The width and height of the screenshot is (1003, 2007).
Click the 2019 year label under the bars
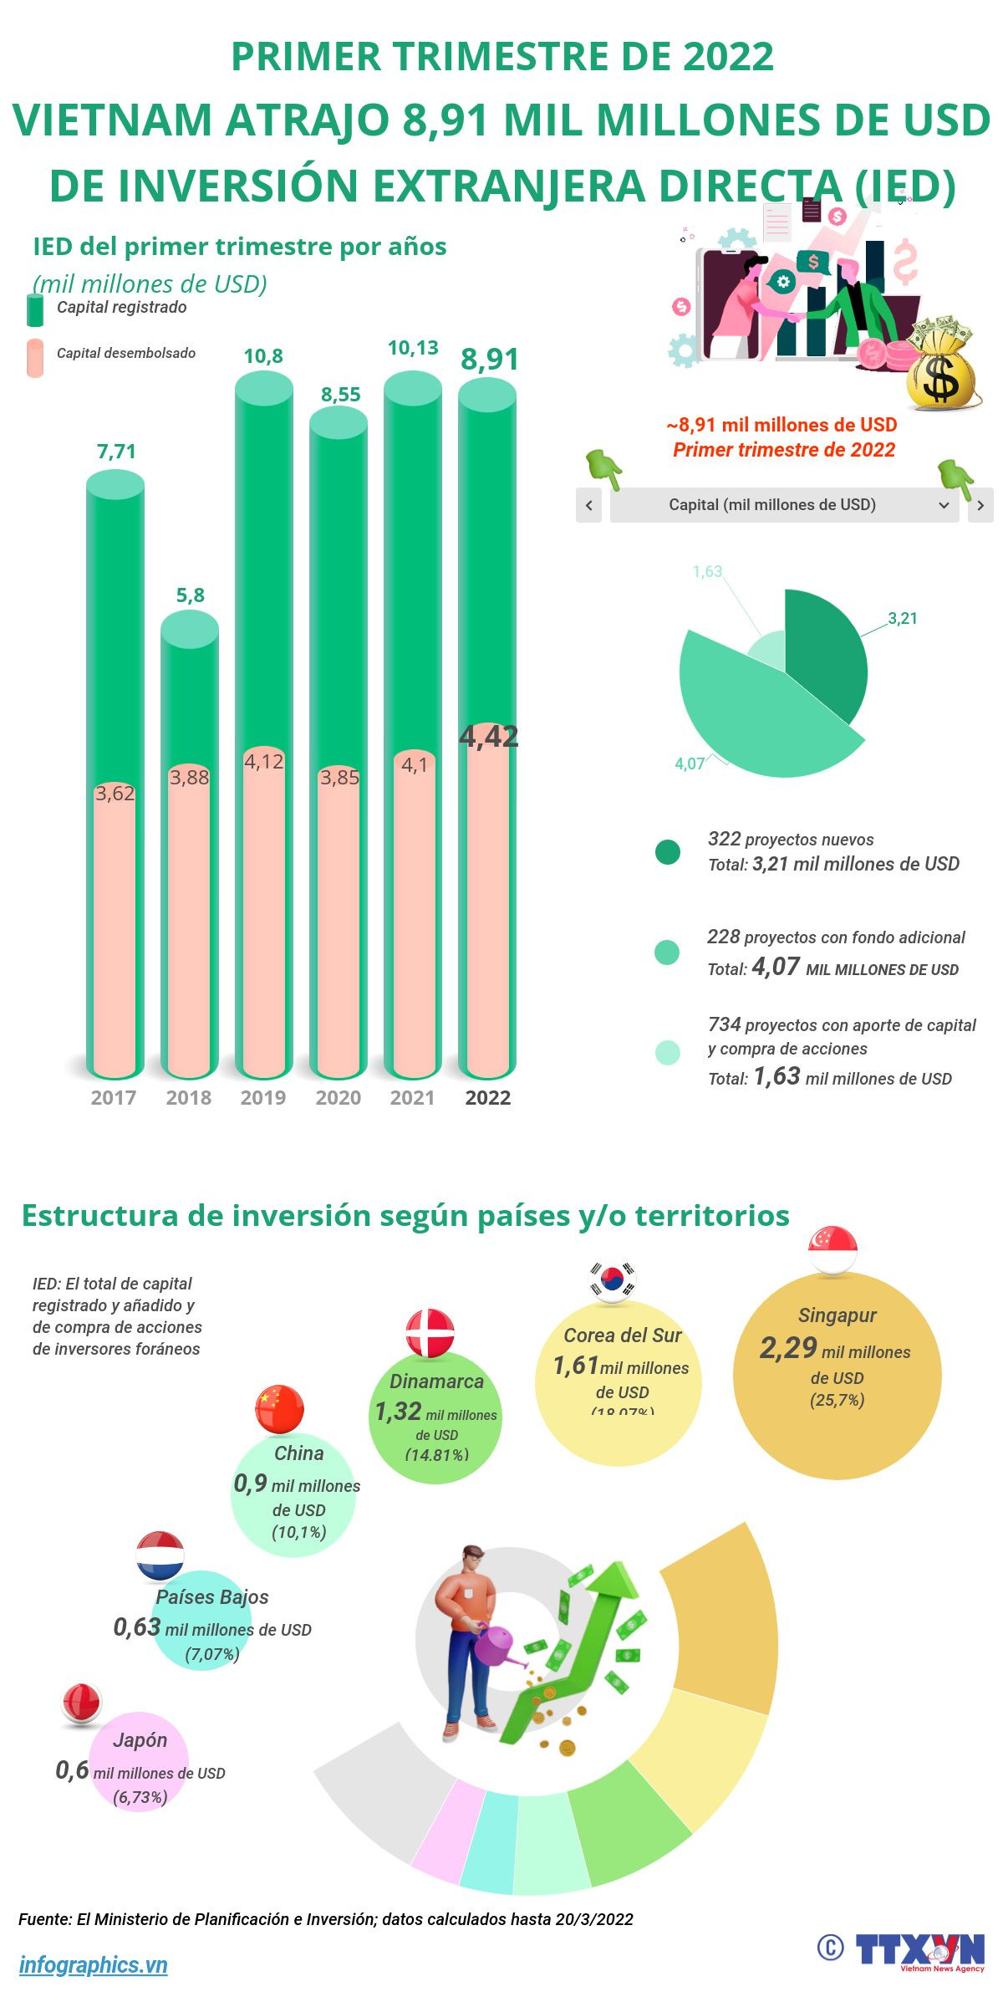[263, 1097]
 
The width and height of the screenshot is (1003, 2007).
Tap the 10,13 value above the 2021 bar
[413, 348]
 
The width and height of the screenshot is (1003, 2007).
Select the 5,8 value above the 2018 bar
[190, 595]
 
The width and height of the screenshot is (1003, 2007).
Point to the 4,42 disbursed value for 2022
[489, 736]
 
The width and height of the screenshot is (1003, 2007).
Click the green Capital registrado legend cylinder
[35, 309]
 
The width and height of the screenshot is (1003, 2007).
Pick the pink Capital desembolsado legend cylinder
[35, 357]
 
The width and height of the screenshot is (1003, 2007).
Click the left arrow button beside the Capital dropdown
[589, 505]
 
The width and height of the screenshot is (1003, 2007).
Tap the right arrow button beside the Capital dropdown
[980, 505]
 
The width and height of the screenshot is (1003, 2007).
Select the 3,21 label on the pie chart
[903, 619]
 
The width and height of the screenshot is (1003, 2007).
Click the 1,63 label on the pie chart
[707, 572]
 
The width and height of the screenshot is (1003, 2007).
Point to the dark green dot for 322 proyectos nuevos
[668, 852]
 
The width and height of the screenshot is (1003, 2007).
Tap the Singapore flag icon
[833, 1250]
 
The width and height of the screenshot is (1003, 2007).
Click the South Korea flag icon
[613, 1280]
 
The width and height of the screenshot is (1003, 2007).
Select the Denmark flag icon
[430, 1333]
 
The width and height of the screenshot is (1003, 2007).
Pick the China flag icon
[279, 1409]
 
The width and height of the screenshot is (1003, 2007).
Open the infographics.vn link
[94, 1964]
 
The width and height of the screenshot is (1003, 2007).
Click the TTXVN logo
[919, 1950]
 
